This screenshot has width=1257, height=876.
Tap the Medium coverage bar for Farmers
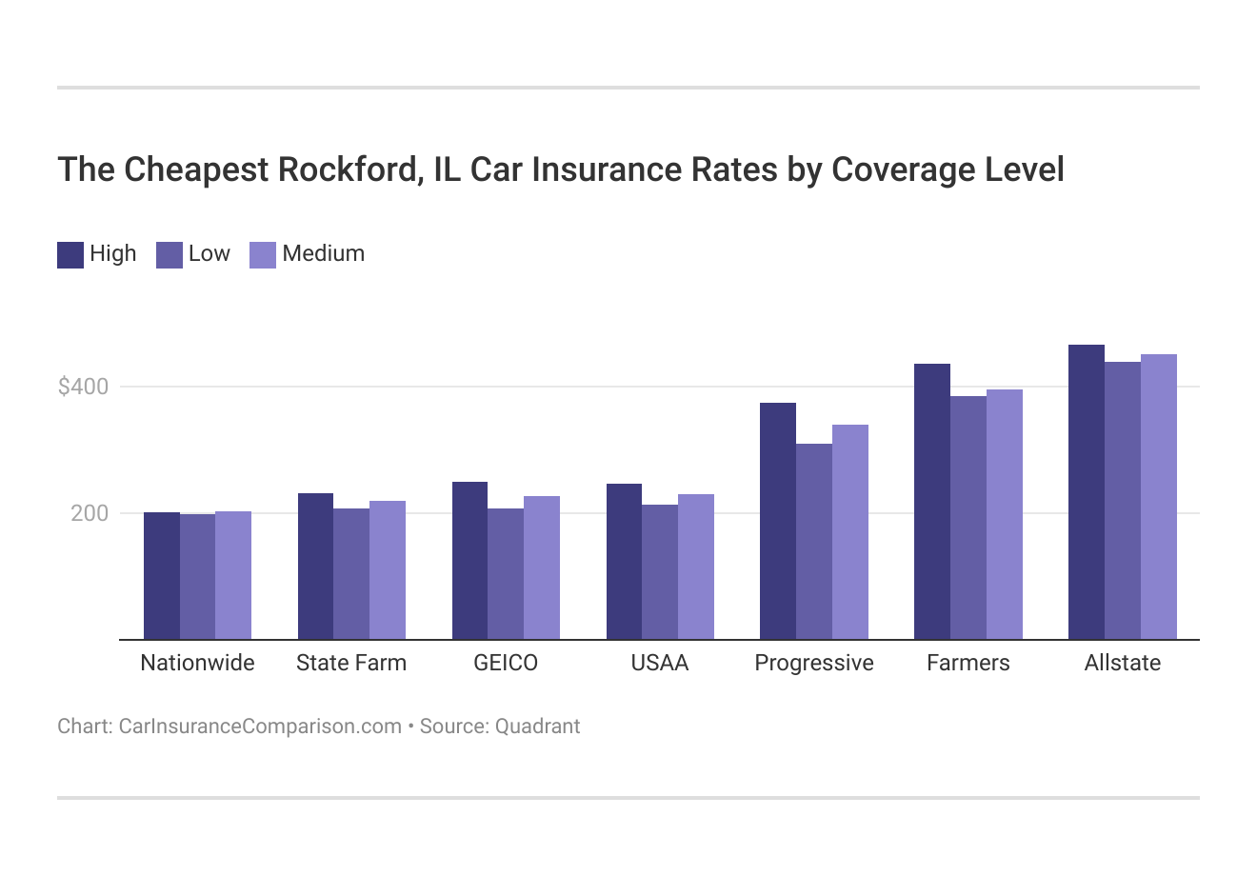1004,514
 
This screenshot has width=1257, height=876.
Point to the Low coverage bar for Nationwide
197,576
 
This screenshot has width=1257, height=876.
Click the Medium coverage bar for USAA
695,567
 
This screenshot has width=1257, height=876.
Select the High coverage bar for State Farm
315,566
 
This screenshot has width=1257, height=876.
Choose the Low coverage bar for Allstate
1122,500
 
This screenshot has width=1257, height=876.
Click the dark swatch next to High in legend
70,254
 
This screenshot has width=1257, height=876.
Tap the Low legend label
209,253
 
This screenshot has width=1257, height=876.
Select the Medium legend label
323,253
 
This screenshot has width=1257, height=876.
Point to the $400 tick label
84,387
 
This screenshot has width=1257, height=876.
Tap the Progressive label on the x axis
813,663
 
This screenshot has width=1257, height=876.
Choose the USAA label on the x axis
659,663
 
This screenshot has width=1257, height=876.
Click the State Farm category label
350,663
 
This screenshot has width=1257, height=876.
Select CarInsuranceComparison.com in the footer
259,727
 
